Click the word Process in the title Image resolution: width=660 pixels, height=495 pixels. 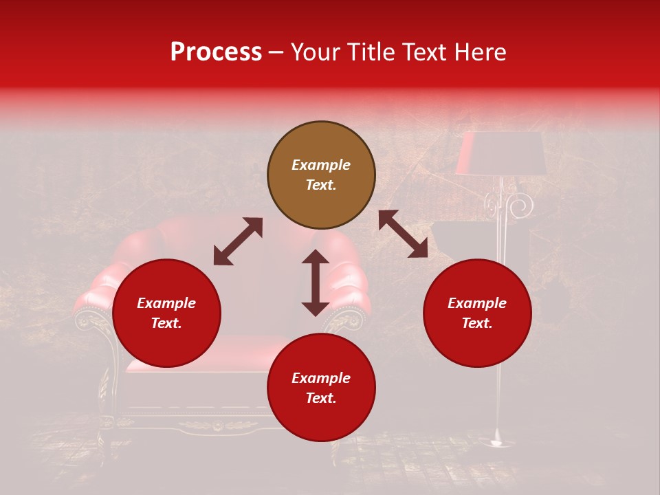(x=216, y=52)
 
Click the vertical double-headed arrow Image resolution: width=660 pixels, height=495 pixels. (x=316, y=283)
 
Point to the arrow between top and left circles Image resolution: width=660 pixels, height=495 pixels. (x=238, y=241)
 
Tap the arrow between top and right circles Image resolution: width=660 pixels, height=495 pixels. (x=403, y=234)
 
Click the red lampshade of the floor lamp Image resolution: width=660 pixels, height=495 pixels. (x=500, y=153)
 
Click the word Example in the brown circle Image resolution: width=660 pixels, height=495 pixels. (x=321, y=165)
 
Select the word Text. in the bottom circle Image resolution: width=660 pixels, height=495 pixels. (x=321, y=398)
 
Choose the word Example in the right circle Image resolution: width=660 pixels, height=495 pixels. (x=477, y=303)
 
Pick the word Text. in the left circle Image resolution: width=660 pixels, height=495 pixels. (x=166, y=323)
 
